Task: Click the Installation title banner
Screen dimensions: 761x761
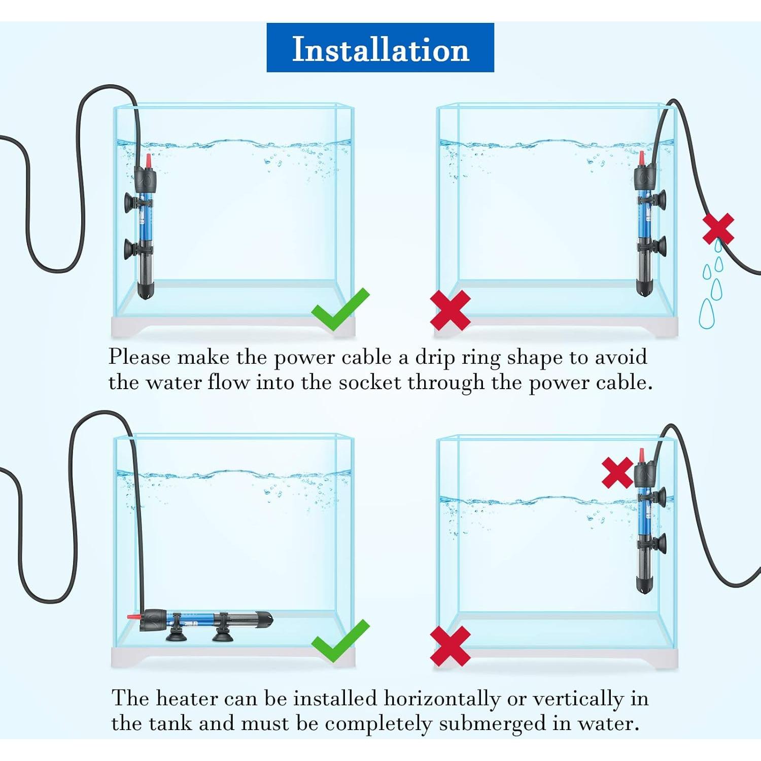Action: coord(380,48)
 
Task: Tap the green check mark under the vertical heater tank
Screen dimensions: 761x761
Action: coord(339,309)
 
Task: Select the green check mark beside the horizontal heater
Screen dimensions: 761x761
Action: coord(339,641)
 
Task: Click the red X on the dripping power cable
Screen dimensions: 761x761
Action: coord(718,229)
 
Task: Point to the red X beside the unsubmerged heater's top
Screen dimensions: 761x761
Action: coord(617,472)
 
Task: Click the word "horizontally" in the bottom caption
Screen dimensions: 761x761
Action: coord(441,699)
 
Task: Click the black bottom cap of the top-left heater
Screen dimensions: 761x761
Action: coord(146,291)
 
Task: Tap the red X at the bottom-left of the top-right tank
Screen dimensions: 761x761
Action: coord(450,310)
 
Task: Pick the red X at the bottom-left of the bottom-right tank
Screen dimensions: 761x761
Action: coord(450,645)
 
